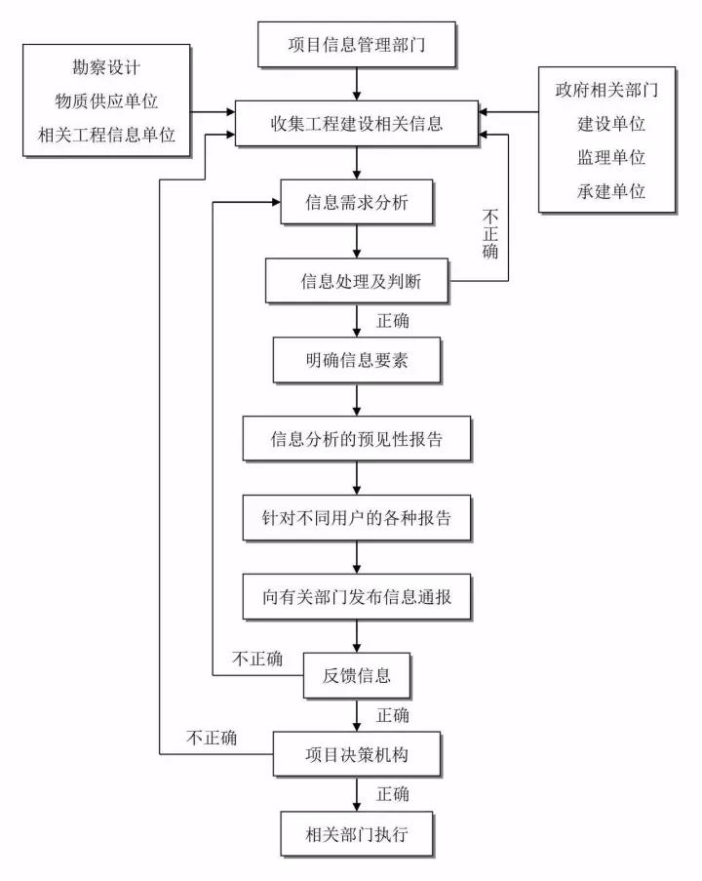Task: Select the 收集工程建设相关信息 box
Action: pyautogui.click(x=356, y=124)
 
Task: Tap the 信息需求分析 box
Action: pyautogui.click(x=357, y=204)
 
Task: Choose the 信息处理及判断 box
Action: pyautogui.click(x=357, y=283)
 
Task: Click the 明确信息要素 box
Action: pyautogui.click(x=357, y=362)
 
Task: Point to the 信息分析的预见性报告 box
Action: pyautogui.click(x=357, y=440)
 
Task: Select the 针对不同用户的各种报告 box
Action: pyautogui.click(x=357, y=518)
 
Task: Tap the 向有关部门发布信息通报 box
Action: pyautogui.click(x=357, y=596)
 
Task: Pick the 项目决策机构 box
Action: pyautogui.click(x=357, y=754)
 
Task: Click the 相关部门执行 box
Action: pyautogui.click(x=357, y=834)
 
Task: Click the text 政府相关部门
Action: pyautogui.click(x=607, y=92)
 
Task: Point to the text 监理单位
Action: pyautogui.click(x=611, y=157)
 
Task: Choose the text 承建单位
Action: pyautogui.click(x=611, y=190)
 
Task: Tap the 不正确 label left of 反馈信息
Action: pyautogui.click(x=257, y=660)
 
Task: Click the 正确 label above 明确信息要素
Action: pyautogui.click(x=392, y=321)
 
